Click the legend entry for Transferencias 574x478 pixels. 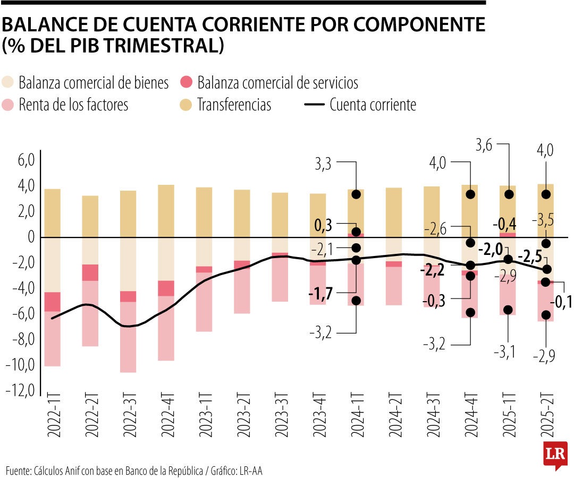point(234,105)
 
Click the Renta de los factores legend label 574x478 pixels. point(73,105)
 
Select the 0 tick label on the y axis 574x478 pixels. point(31,237)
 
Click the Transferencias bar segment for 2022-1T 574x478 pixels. point(52,213)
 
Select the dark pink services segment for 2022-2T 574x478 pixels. point(90,272)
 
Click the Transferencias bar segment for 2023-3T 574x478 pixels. point(280,215)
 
